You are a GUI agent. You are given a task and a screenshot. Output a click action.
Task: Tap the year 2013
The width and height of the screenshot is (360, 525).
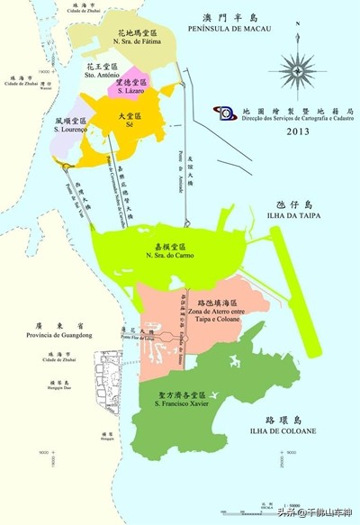pyautogui.click(x=298, y=131)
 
